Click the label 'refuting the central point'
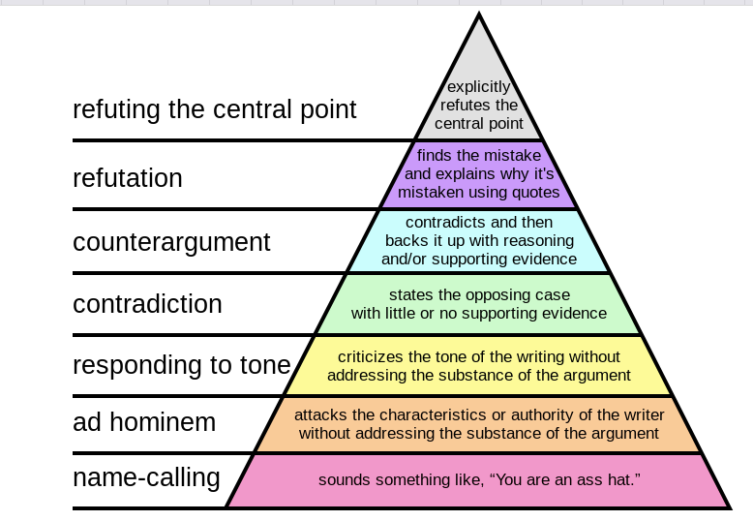tap(214, 109)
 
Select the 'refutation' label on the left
tap(127, 178)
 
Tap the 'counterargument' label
tap(171, 241)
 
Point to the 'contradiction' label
tap(147, 304)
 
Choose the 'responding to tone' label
tap(181, 365)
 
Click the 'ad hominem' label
tap(144, 422)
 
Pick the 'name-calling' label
tap(146, 477)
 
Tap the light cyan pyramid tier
tap(478, 240)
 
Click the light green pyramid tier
tap(478, 303)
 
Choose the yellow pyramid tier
tap(478, 366)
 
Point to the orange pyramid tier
tap(478, 424)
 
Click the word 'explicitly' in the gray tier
tap(478, 86)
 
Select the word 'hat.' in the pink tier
tap(624, 480)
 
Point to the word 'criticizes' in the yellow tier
tap(374, 357)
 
